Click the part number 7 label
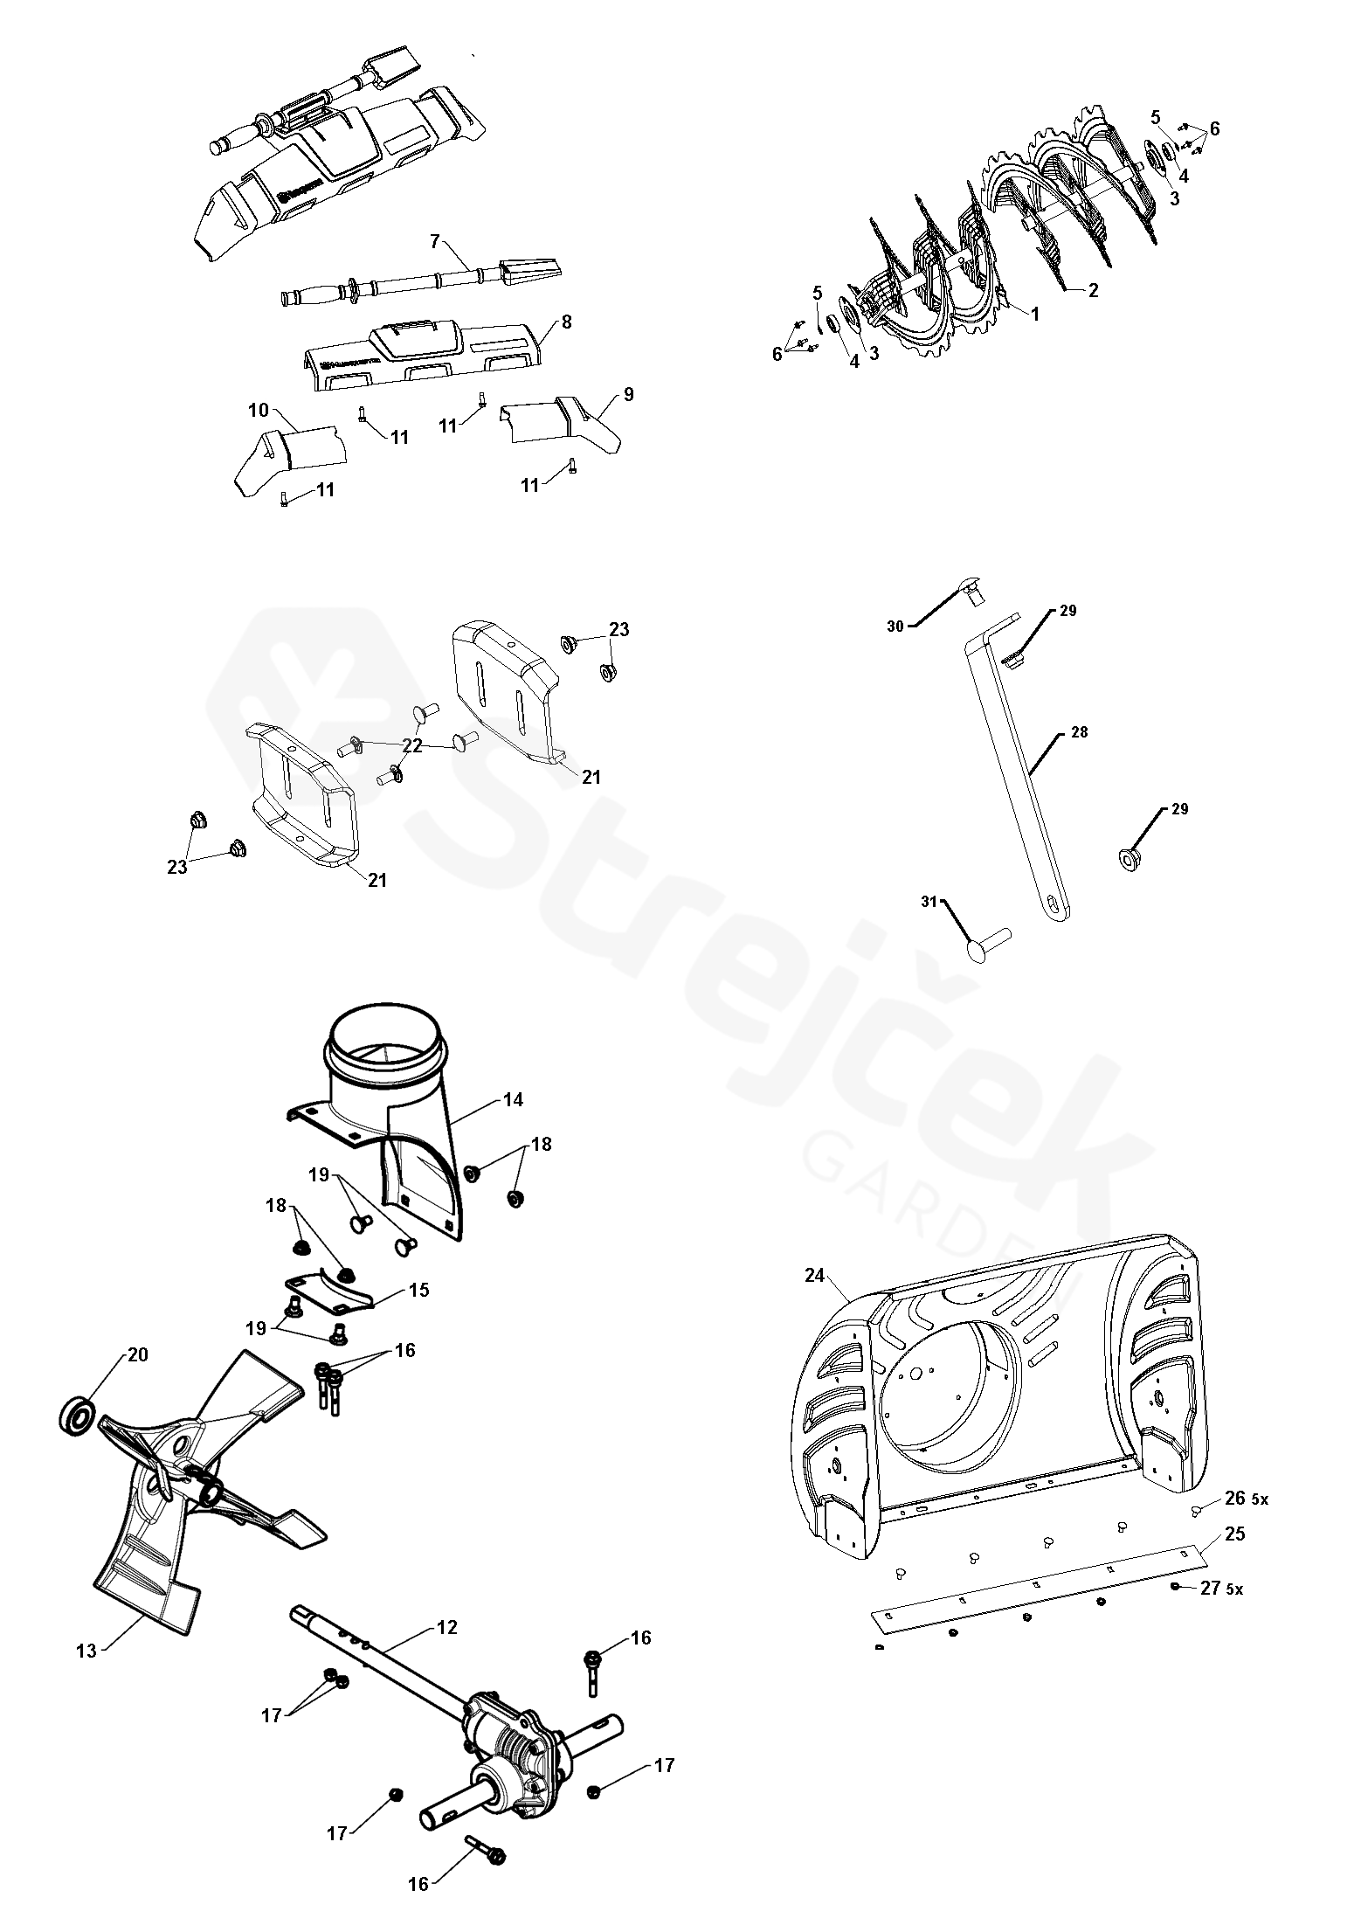435,239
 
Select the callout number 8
566,322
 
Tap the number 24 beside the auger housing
815,1275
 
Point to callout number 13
86,1651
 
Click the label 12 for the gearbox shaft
446,1627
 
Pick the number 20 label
137,1354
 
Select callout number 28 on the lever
1079,732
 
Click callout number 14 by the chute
513,1099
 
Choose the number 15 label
418,1290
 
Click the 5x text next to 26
1260,1499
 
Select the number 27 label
1210,1588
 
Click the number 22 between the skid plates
412,745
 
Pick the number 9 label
628,394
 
